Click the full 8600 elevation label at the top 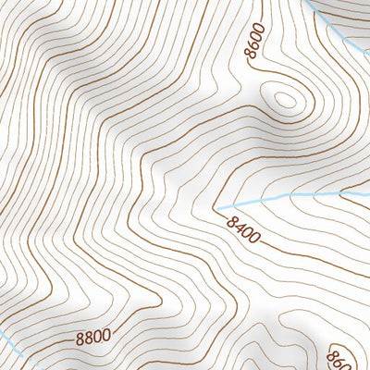(x=256, y=43)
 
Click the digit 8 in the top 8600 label (x=252, y=56)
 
